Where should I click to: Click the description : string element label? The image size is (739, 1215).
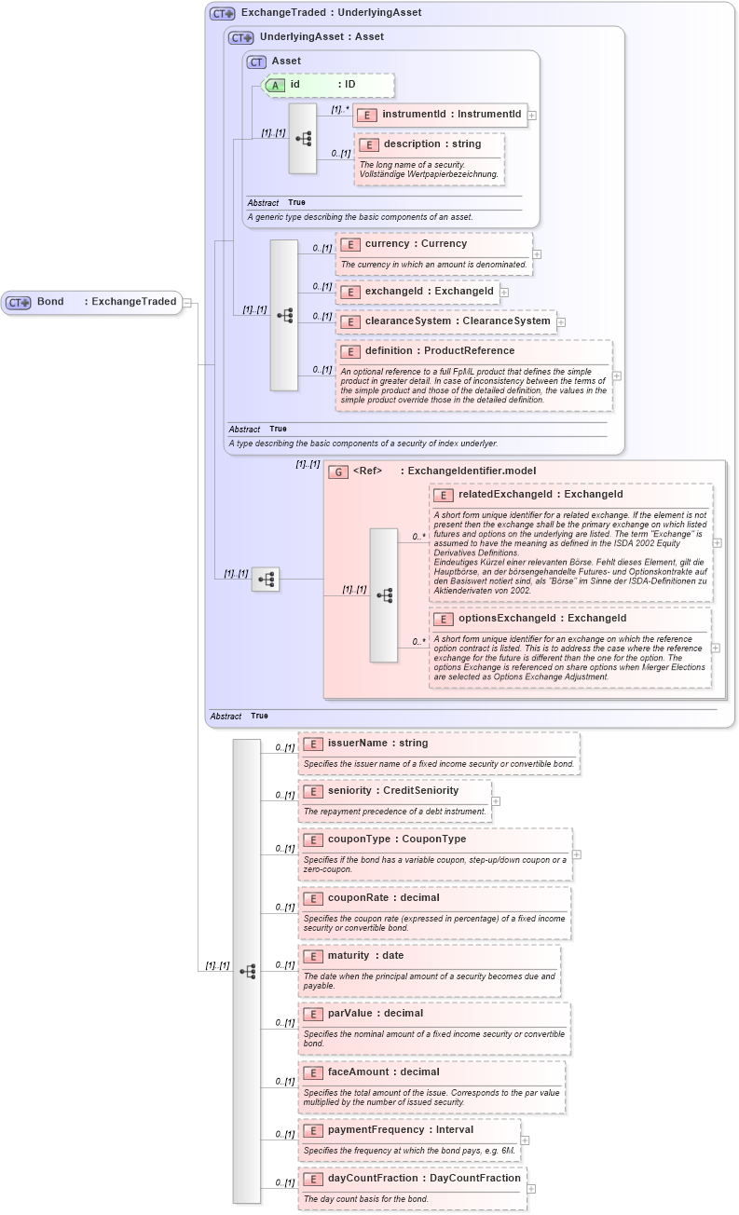431,144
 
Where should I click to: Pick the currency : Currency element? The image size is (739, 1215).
416,244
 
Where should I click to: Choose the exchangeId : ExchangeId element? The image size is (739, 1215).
417,292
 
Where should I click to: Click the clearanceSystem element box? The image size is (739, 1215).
445,321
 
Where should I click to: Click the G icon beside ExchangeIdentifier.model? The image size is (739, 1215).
339,471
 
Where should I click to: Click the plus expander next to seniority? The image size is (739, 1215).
496,800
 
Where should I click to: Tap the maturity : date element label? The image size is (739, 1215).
365,956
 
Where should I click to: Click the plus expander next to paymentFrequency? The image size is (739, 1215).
525,1140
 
